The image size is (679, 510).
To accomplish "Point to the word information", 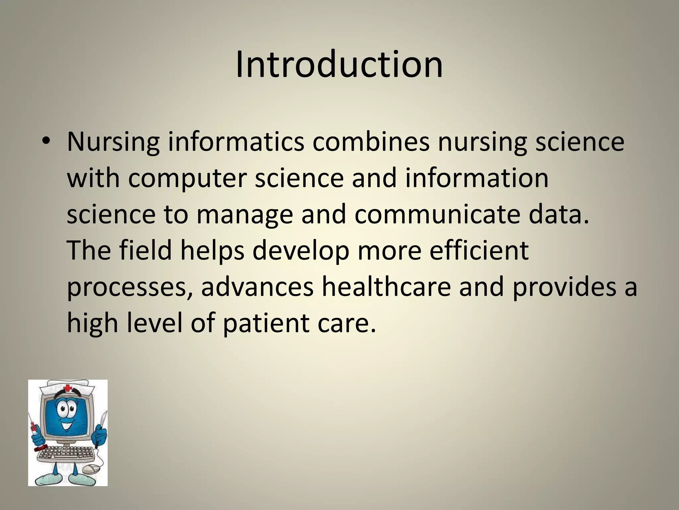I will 477,178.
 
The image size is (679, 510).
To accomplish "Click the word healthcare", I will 386,287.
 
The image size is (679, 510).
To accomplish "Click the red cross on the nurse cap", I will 68,388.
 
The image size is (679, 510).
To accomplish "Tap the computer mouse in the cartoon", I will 91,469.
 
